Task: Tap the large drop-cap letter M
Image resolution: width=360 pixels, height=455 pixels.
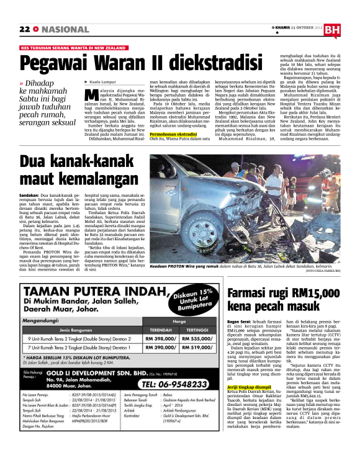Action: (91, 95)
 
